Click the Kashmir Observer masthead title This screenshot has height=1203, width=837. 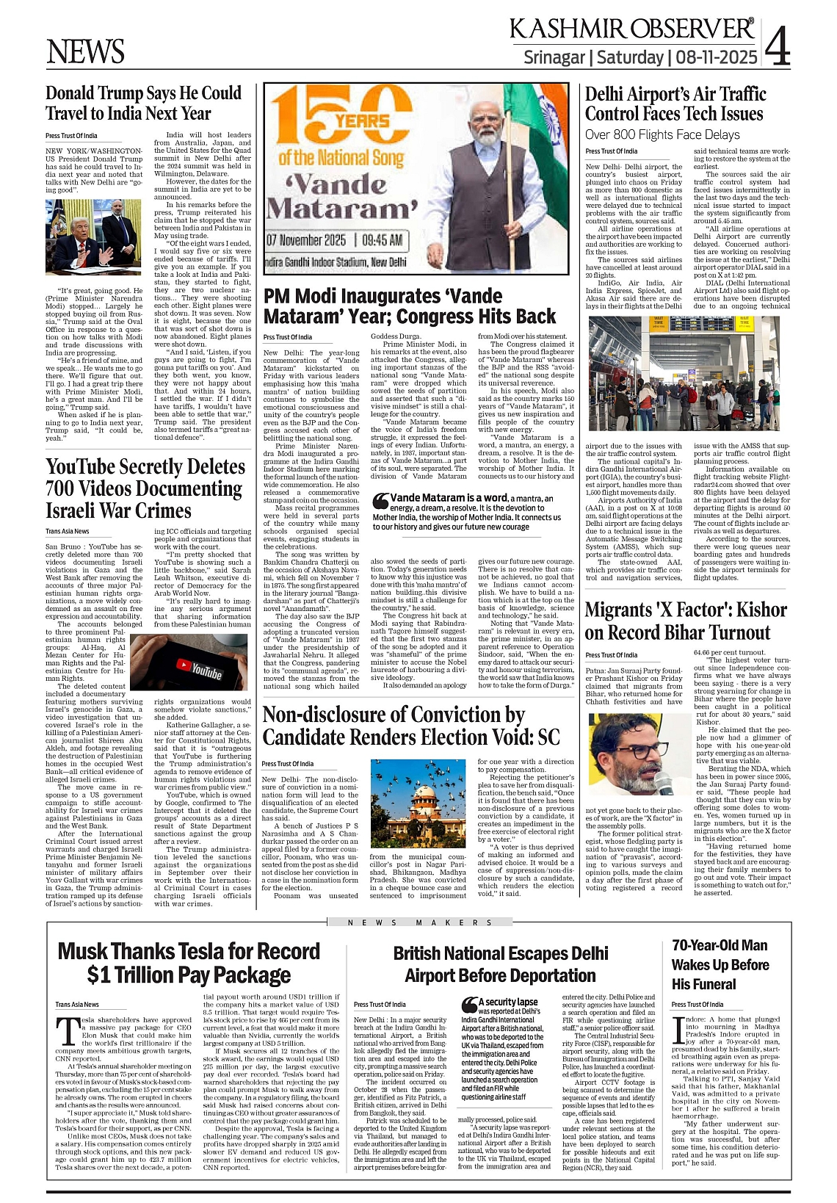tap(631, 29)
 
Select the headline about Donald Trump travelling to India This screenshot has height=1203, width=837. tap(143, 104)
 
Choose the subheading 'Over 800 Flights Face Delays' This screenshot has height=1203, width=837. tap(662, 134)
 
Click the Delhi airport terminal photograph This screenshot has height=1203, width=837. tap(687, 377)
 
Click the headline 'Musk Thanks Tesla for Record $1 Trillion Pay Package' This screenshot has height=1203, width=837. tap(189, 963)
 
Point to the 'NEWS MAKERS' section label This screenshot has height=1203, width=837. tap(419, 922)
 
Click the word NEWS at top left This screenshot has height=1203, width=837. tap(85, 52)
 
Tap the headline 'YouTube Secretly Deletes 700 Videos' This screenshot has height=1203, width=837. tap(145, 488)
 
